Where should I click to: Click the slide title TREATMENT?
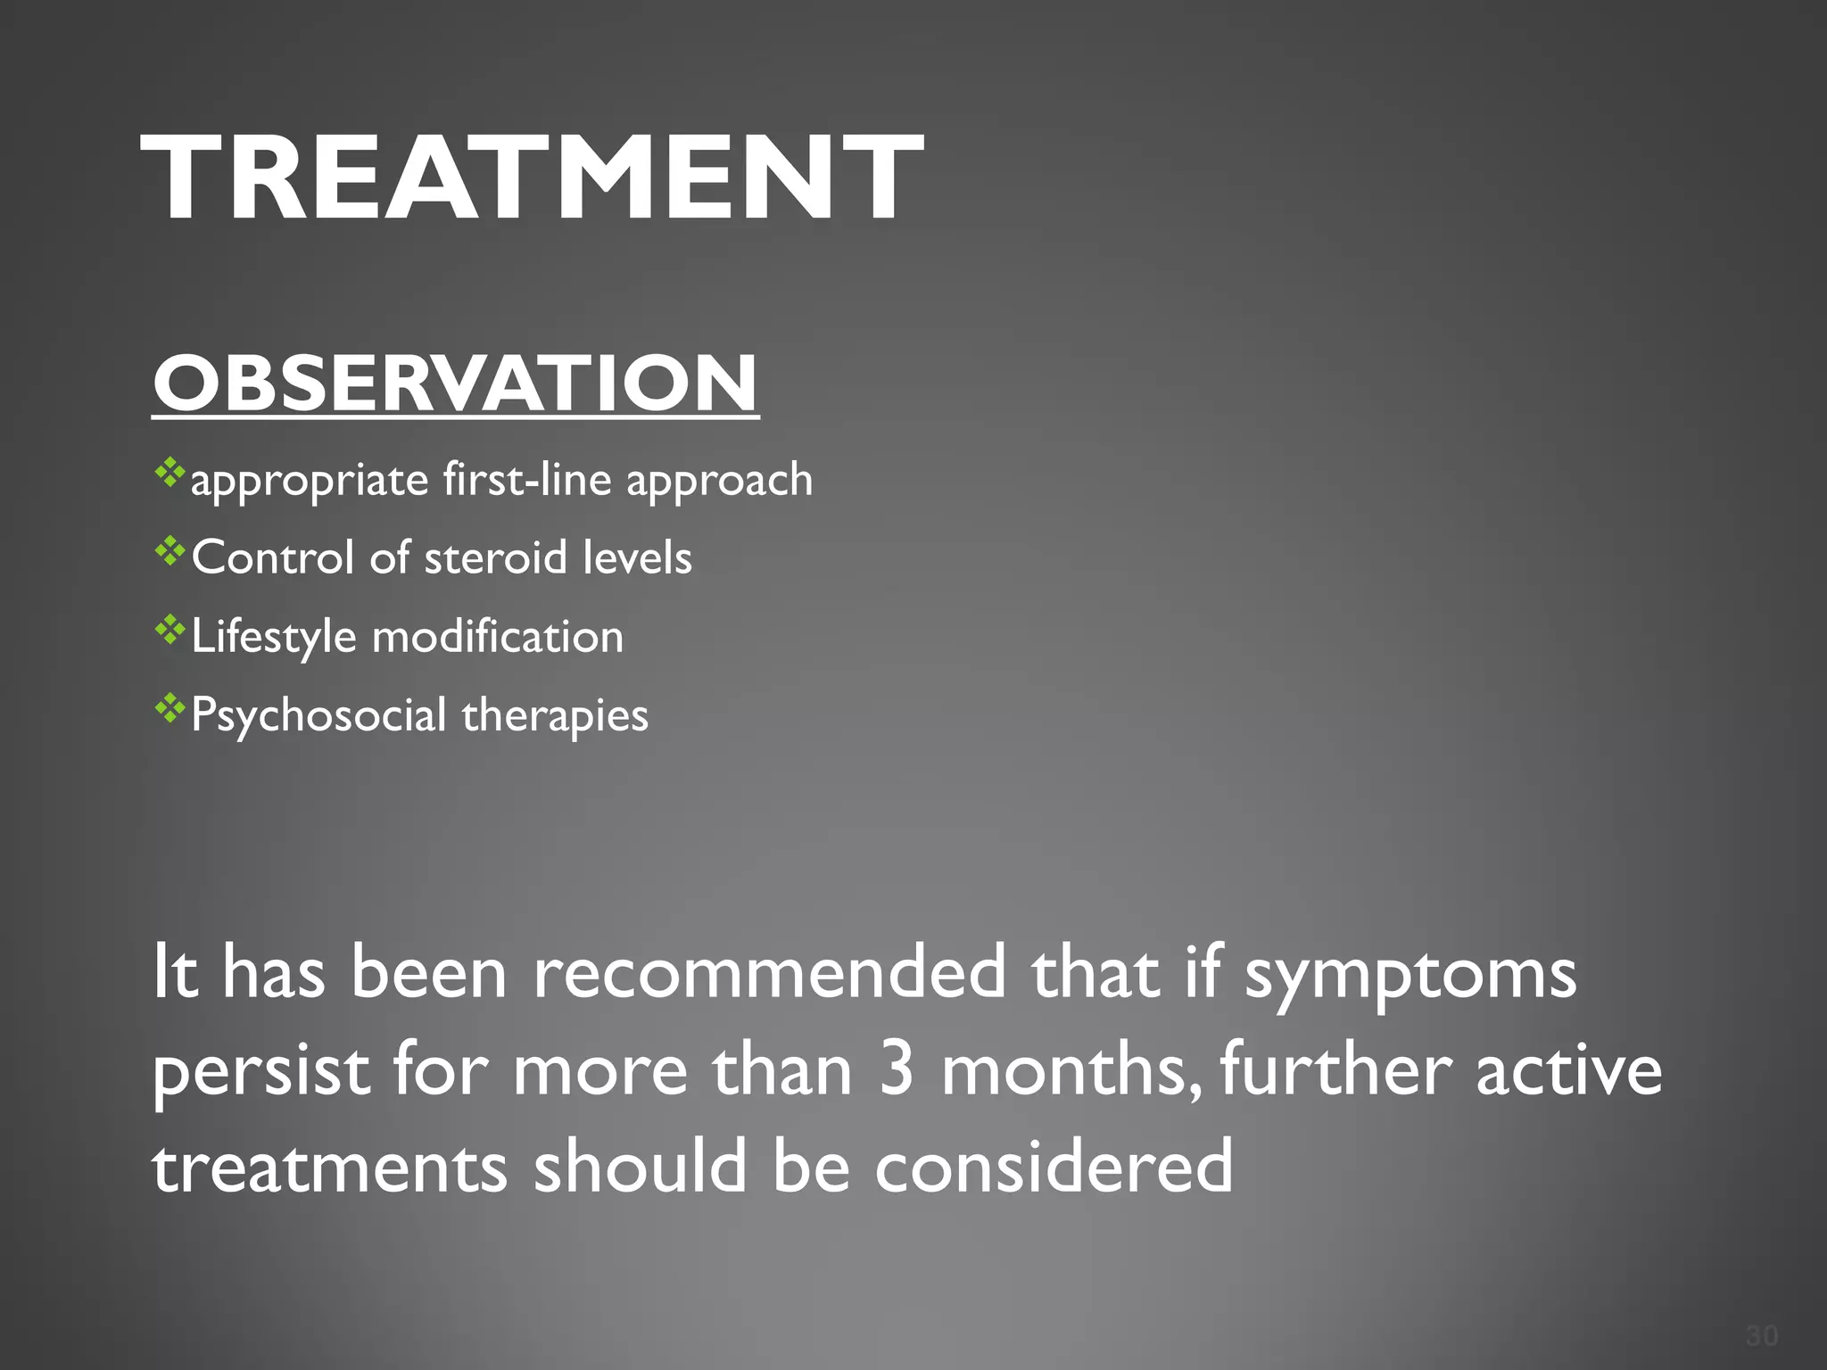532,177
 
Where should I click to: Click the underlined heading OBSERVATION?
455,384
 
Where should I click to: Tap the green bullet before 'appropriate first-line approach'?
169,473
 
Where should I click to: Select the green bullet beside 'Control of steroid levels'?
169,552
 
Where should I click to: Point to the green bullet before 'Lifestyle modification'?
169,631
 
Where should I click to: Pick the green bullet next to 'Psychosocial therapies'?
169,709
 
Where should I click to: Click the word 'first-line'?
527,479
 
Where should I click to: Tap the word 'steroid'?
496,558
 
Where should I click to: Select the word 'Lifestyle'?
274,638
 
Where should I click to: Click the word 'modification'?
498,637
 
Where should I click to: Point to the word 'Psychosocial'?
318,716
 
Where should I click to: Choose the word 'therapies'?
555,716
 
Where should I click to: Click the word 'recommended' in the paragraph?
769,972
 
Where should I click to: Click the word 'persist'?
260,1070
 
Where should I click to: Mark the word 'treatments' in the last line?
330,1168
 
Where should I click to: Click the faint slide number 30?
1762,1336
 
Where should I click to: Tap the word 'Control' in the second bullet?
273,558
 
